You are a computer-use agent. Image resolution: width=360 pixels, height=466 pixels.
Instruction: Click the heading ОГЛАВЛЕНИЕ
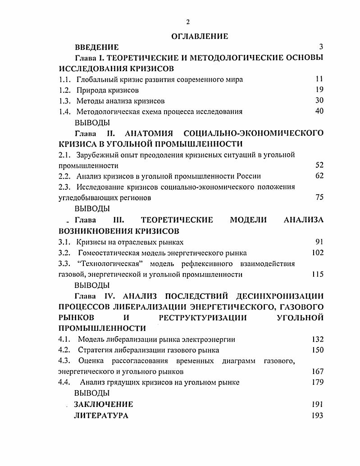coord(200,37)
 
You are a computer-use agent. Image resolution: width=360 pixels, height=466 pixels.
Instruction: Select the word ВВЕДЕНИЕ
coord(96,47)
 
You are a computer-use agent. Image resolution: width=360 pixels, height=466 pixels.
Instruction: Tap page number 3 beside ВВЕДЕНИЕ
coord(321,47)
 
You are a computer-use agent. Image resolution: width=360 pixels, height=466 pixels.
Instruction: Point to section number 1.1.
coord(65,80)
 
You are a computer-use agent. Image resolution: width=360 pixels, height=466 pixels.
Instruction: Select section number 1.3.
coord(65,101)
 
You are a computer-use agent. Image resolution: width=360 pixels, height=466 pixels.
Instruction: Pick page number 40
coord(319,111)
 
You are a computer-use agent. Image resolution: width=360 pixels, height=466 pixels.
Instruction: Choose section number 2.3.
coord(65,187)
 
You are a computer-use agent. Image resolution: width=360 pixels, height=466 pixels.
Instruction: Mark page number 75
coord(319,197)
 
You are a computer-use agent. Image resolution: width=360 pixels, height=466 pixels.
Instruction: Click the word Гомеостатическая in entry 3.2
coord(105,253)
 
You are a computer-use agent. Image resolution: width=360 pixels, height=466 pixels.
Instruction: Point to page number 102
coord(318,253)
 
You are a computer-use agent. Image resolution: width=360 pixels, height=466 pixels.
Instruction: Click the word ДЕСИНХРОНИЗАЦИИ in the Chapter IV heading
coord(277,296)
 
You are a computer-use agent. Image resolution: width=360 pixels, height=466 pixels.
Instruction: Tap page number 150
coord(318,350)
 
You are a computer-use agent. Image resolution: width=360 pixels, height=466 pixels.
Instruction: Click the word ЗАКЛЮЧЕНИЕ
coord(104,404)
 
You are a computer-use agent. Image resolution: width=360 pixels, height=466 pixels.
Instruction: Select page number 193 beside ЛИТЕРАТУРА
coord(317,416)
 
